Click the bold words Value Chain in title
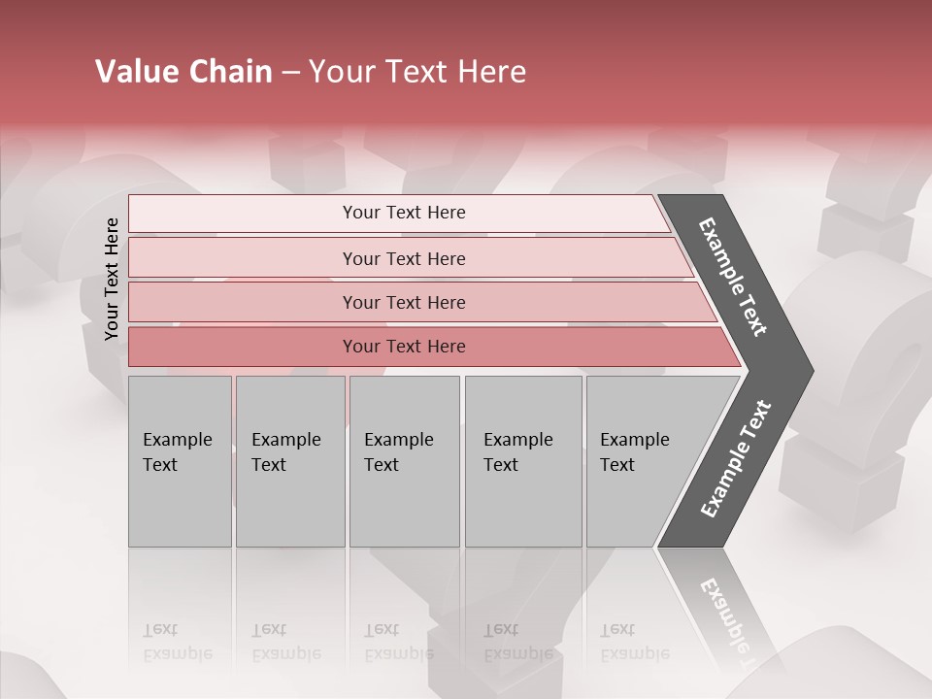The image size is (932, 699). [x=183, y=72]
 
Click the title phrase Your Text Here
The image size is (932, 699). [x=417, y=72]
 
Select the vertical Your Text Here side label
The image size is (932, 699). [x=112, y=279]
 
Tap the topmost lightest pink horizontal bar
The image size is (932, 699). [x=243, y=214]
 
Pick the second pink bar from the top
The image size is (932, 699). [x=243, y=258]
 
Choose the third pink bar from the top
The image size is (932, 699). [x=243, y=302]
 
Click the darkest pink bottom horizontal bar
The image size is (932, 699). [x=243, y=347]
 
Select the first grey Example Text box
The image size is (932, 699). [x=180, y=461]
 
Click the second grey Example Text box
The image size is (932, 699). [x=289, y=461]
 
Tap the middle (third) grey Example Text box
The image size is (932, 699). [x=404, y=461]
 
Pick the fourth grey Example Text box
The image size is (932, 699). [x=523, y=461]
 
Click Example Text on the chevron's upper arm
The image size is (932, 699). [x=733, y=277]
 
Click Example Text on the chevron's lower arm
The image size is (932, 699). [x=736, y=459]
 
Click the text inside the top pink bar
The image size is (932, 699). [x=404, y=213]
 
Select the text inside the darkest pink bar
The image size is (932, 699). [x=404, y=347]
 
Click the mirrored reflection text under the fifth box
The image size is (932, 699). [x=634, y=642]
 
